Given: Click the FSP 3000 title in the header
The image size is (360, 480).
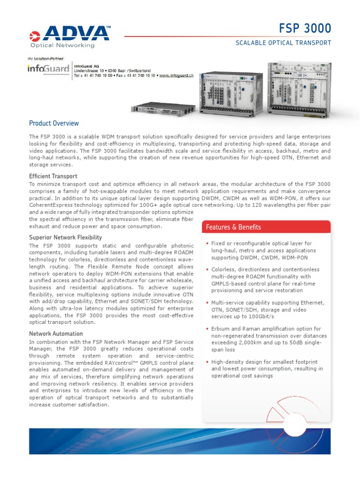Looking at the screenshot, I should coord(307,29).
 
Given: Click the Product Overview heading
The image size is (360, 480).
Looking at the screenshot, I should coord(54,123).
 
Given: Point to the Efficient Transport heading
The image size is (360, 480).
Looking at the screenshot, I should coord(53,176).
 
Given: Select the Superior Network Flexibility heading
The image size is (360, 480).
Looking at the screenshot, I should coord(66,238).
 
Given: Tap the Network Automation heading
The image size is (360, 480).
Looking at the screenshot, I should coord(56,334).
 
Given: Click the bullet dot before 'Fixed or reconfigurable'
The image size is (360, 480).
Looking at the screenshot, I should coord(207,244).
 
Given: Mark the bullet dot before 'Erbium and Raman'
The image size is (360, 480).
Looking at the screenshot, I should coord(207,329).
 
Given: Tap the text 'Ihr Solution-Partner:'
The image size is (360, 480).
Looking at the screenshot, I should coord(45,59).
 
